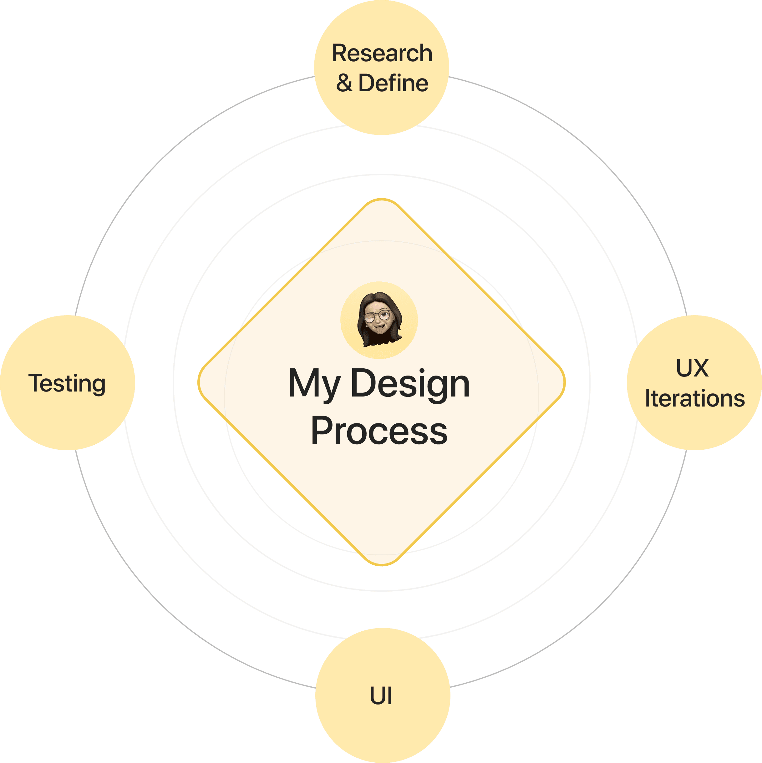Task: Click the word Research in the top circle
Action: click(x=382, y=53)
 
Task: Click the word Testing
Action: click(x=67, y=383)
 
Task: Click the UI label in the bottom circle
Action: click(x=381, y=696)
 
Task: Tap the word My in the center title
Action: click(x=314, y=384)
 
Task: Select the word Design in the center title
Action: click(x=410, y=384)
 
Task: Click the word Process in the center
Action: click(x=379, y=431)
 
